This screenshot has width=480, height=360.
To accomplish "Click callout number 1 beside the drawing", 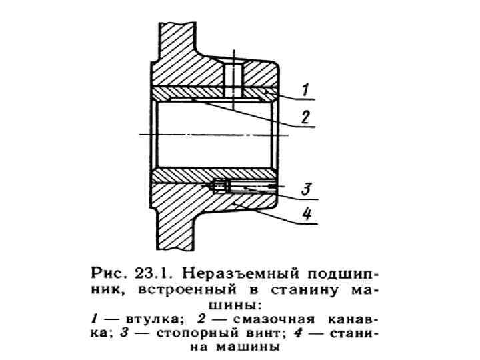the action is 303,88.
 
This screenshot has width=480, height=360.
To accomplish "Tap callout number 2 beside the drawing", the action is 304,117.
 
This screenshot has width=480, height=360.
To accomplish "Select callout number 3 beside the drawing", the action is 304,189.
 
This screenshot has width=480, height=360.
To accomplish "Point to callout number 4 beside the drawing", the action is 304,215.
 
